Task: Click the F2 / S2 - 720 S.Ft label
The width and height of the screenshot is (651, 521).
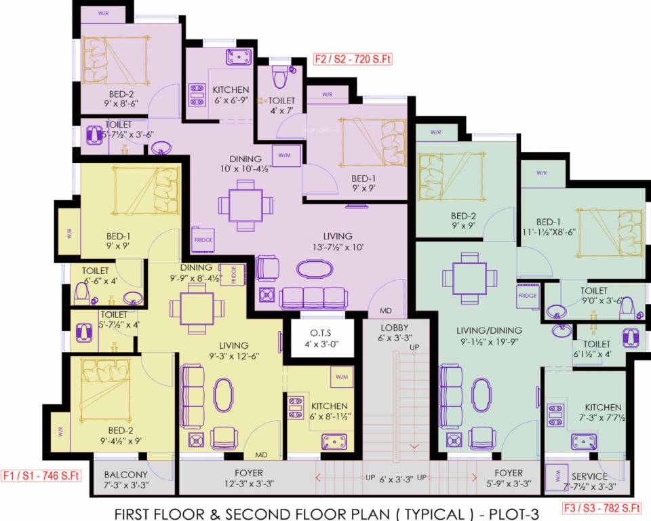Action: [x=353, y=59]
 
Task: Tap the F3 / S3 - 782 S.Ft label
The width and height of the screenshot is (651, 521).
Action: [x=601, y=507]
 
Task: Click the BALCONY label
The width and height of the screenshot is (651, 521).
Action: [x=126, y=474]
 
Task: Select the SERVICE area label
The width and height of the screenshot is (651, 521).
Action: [x=589, y=476]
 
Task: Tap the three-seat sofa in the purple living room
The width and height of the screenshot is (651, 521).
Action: [x=313, y=297]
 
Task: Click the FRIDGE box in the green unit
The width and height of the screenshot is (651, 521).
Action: [x=528, y=296]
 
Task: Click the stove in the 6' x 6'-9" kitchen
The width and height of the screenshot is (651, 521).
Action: [x=197, y=96]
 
